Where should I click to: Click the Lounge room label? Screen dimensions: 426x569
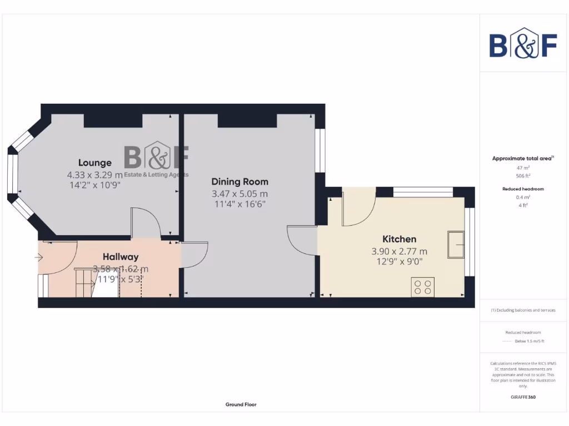[x=94, y=163]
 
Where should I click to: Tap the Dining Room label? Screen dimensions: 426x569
[x=239, y=181]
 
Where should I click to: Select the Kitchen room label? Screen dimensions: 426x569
[x=399, y=239]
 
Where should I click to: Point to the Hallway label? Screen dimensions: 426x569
[x=121, y=257]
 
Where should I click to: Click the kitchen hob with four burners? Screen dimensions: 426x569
[x=422, y=287]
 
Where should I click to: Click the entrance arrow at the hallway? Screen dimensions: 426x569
[x=39, y=257]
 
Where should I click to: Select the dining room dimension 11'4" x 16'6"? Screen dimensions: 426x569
[x=239, y=205]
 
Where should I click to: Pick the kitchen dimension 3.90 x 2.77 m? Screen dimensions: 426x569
[x=399, y=251]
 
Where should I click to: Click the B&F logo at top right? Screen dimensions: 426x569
[x=523, y=43]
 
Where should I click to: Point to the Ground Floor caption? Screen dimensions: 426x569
[x=241, y=404]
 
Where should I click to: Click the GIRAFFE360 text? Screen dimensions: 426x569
[x=522, y=397]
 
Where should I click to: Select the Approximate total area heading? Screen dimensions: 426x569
[x=522, y=159]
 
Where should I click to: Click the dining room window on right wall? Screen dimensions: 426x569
[x=320, y=151]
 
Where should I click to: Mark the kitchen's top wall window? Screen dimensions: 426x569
[x=423, y=192]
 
